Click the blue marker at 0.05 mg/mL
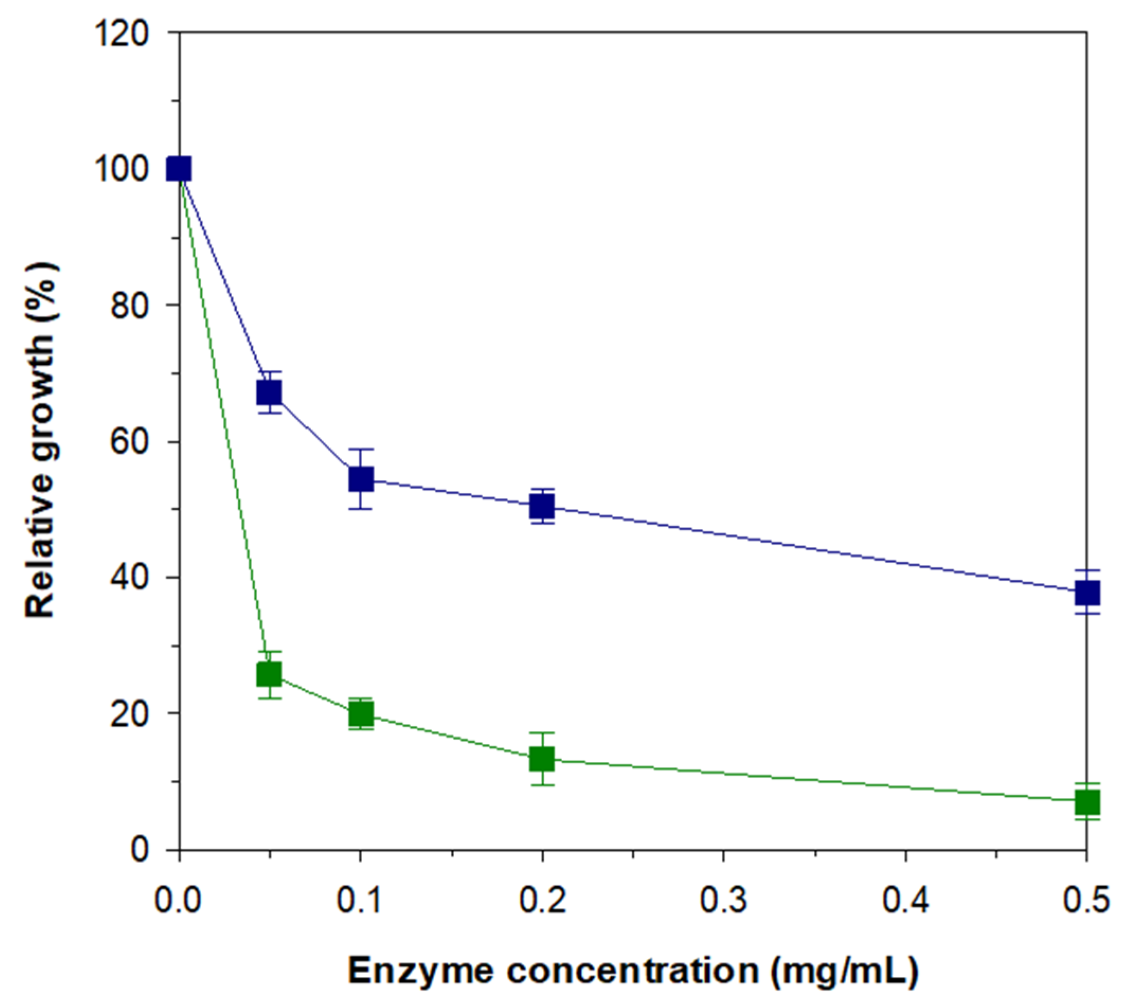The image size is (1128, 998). [269, 393]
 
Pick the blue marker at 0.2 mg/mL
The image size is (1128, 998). [542, 506]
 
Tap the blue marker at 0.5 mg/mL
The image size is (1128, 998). [1087, 594]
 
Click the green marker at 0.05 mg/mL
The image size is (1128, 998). [269, 675]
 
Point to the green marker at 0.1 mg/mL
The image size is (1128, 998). [361, 714]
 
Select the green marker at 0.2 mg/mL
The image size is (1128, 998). [542, 759]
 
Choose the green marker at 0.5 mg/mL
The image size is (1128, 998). [1087, 802]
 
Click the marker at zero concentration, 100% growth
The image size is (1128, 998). [179, 169]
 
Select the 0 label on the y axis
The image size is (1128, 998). [140, 850]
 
